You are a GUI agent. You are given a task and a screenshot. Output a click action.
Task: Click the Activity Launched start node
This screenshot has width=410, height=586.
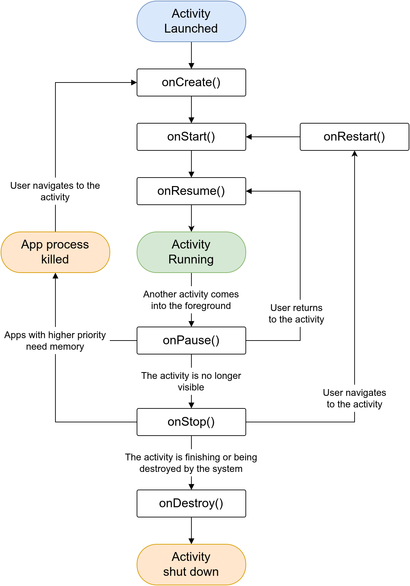[191, 21]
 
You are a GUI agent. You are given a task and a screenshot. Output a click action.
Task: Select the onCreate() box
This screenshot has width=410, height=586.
[191, 83]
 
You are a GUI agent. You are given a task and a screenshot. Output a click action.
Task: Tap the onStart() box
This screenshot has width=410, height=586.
[191, 137]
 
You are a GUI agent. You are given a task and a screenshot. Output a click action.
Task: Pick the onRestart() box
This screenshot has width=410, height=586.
[354, 137]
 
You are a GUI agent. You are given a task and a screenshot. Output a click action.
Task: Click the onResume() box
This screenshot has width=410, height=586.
[191, 191]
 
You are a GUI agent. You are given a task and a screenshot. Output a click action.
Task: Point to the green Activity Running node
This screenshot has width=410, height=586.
[191, 252]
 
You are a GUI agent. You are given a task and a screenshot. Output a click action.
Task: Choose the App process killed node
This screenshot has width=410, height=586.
[55, 252]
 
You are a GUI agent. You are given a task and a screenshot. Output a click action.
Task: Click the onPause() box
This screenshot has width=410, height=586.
[191, 341]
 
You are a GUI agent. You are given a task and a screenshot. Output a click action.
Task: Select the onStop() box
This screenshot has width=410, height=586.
[191, 422]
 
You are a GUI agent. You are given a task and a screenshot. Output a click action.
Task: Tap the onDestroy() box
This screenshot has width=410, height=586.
[191, 503]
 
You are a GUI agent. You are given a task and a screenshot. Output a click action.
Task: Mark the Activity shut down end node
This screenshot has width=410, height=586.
[191, 565]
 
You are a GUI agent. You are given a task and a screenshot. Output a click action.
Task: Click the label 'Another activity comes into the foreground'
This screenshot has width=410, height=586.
[191, 300]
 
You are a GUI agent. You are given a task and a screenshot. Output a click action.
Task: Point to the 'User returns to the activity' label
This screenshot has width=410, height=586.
[296, 313]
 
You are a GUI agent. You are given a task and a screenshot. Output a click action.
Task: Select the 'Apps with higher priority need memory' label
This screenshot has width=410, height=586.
[55, 341]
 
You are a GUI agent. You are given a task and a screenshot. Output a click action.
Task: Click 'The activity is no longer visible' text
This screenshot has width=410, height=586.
[191, 381]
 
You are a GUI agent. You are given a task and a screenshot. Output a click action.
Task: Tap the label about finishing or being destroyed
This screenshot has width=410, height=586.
[191, 463]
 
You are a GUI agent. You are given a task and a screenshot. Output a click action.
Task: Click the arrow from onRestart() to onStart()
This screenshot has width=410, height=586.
[273, 137]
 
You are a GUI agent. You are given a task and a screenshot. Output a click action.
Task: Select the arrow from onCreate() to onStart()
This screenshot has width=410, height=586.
[191, 110]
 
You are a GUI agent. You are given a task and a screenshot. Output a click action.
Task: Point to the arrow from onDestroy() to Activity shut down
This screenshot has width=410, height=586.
[191, 531]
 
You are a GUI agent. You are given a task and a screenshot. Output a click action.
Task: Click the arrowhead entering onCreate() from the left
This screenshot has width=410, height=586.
[134, 83]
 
